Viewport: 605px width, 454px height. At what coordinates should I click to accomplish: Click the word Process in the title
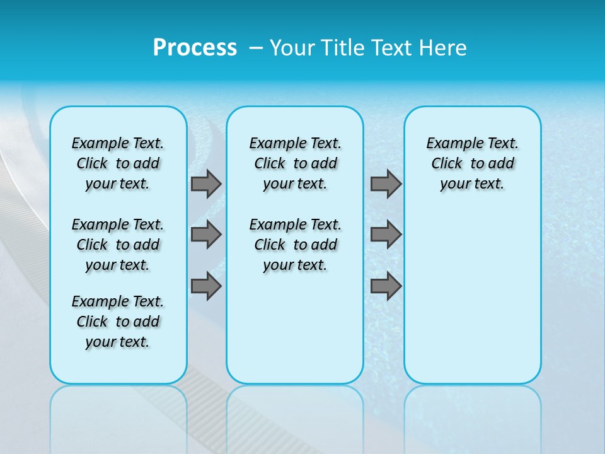(195, 47)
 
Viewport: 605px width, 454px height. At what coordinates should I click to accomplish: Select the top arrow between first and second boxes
(206, 183)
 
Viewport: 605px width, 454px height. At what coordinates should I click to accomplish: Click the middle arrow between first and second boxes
(206, 235)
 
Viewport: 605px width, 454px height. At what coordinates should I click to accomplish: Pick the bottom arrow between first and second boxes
(206, 286)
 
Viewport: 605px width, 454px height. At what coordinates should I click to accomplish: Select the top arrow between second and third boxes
(386, 183)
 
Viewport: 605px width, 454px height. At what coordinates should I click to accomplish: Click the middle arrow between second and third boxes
(386, 235)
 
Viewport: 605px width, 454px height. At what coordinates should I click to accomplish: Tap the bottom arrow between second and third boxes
(386, 286)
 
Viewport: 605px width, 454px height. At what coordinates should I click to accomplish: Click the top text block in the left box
(118, 163)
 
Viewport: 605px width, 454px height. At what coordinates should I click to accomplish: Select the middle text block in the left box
(118, 245)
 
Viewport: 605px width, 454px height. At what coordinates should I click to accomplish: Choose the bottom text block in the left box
(118, 322)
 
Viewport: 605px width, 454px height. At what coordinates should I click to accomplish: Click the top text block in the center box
(295, 163)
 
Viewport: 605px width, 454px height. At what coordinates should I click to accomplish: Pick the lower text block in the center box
(295, 245)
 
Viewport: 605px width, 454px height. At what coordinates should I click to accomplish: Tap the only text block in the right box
(472, 163)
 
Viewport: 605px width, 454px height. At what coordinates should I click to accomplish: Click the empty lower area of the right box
(472, 303)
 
